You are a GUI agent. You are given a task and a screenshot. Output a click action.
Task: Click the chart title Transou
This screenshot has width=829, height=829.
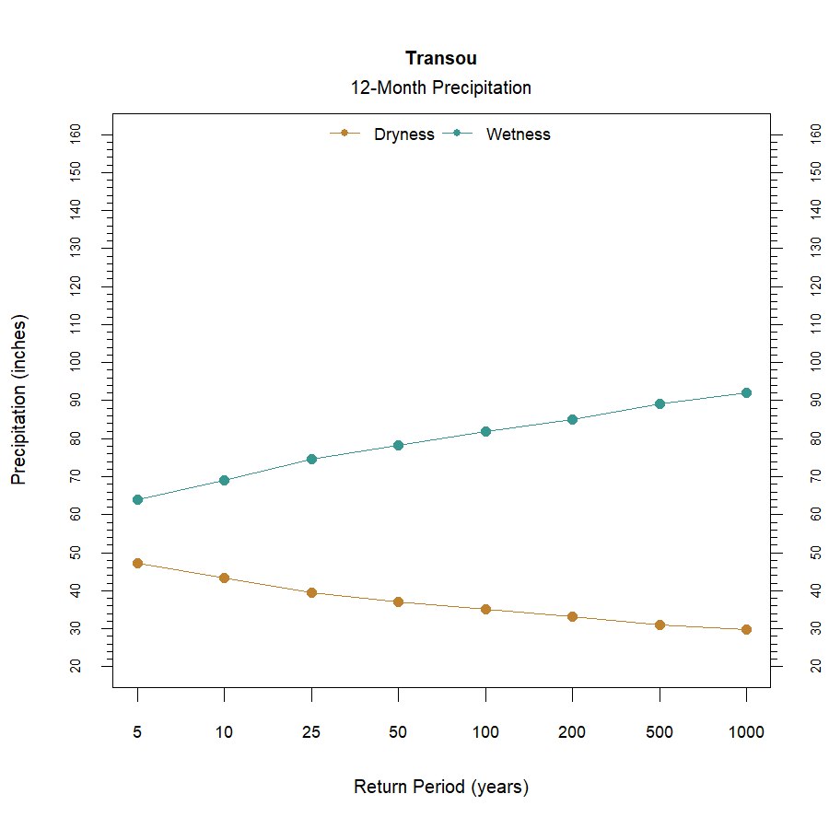pos(440,59)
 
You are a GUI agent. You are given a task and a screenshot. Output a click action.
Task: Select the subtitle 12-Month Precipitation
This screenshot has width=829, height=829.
pos(440,88)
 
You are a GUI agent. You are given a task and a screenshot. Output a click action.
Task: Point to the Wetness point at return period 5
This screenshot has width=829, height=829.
pos(137,499)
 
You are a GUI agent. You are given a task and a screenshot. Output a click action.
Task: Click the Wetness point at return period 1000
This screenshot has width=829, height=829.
pos(746,392)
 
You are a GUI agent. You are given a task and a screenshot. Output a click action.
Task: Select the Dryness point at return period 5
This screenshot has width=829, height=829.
pos(137,563)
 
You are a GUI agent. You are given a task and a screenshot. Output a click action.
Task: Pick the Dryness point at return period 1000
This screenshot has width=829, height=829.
pos(746,629)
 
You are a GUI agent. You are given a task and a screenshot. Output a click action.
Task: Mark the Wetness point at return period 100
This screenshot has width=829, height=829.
pos(485,431)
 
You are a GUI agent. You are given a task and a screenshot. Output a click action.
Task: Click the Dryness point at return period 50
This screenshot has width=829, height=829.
pos(398,601)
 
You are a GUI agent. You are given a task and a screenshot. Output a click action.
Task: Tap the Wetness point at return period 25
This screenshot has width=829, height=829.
pos(311,459)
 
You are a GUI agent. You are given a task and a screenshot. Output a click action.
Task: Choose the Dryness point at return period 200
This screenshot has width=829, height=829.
pos(572,616)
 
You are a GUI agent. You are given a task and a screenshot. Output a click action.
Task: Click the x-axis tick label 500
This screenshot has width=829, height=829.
pos(660,733)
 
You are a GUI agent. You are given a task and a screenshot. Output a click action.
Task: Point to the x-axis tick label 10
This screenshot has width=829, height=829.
pos(224,733)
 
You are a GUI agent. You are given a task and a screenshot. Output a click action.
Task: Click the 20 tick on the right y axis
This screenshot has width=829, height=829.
pos(815,666)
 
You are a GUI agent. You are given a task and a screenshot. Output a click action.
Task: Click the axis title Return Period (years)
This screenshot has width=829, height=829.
pos(440,788)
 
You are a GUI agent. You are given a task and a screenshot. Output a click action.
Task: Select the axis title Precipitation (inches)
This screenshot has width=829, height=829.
pos(19,400)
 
